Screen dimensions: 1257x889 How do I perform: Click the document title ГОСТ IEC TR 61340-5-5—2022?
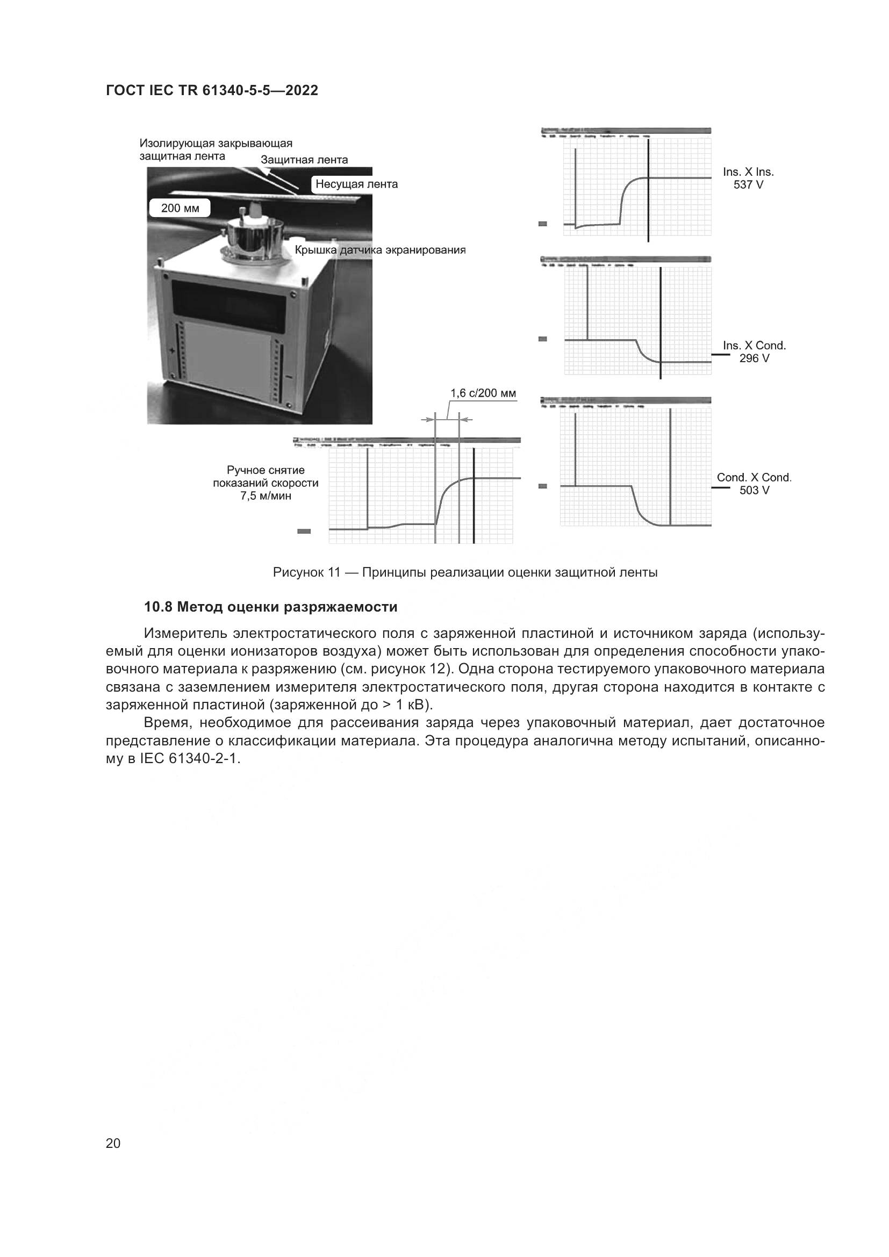tap(212, 91)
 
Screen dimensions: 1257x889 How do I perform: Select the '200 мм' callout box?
tap(180, 209)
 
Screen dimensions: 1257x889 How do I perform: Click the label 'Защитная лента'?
tap(304, 160)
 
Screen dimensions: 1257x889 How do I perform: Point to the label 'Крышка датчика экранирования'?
tap(380, 250)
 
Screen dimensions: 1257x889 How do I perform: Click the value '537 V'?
tap(748, 184)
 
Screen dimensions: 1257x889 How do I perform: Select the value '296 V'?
tap(754, 358)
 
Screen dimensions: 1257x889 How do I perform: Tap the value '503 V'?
tap(754, 491)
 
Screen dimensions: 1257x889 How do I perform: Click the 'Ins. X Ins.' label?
tap(748, 172)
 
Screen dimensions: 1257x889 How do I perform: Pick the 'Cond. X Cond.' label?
tap(754, 477)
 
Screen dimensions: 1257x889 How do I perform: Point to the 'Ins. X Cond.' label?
tap(754, 346)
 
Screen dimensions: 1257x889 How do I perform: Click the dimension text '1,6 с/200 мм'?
tap(483, 393)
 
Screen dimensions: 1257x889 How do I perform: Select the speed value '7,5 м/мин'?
tap(266, 497)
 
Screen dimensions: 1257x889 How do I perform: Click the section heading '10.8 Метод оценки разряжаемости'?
tap(270, 607)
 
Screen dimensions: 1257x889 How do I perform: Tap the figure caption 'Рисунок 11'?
tap(306, 573)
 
